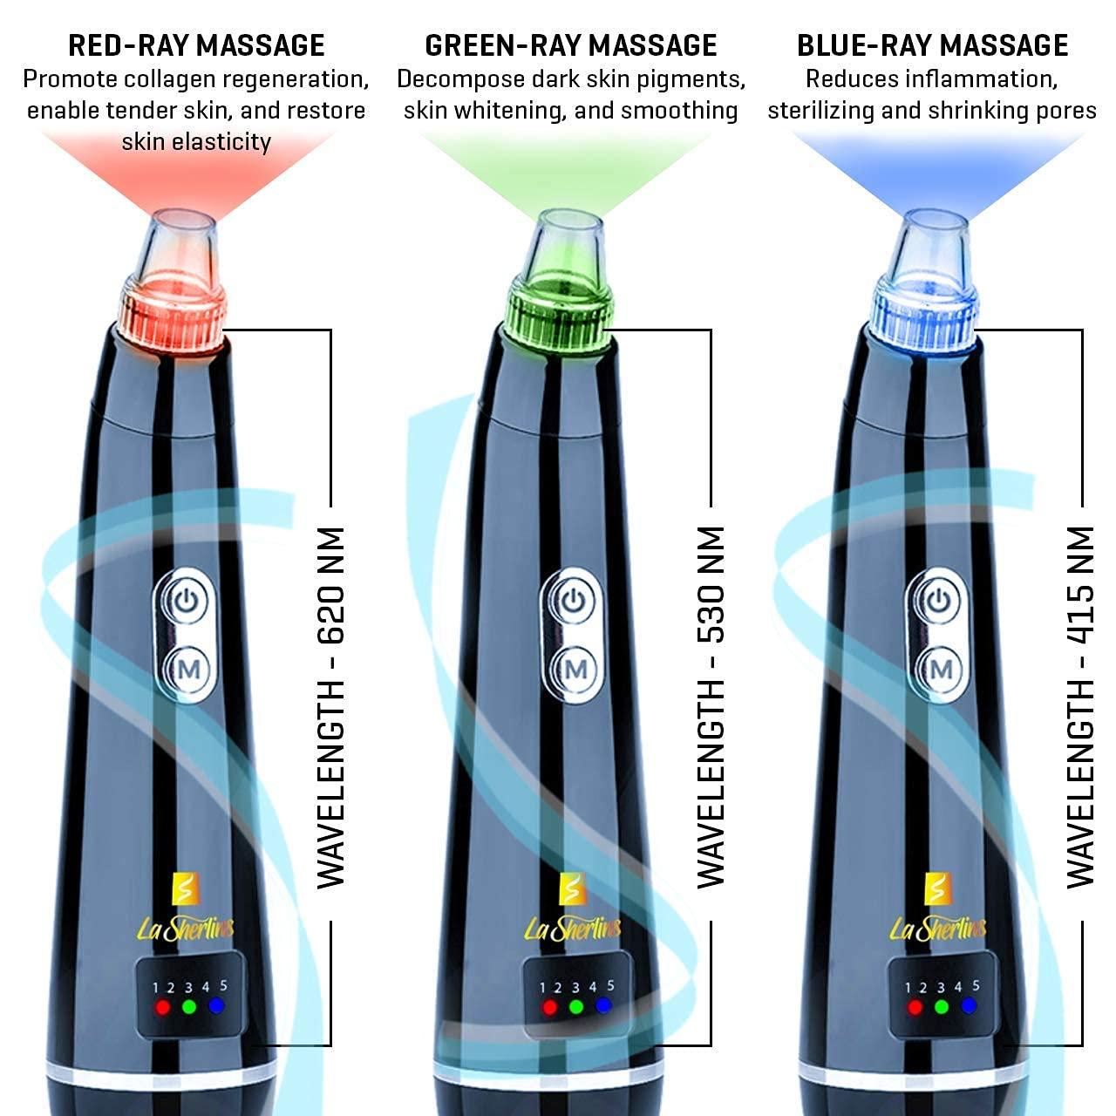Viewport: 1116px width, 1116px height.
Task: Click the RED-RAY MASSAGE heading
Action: (x=196, y=45)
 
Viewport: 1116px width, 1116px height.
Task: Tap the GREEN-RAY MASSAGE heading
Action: (x=571, y=45)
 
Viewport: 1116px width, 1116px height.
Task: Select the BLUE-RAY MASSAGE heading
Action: (x=932, y=45)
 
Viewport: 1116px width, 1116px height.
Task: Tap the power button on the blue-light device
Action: (x=939, y=601)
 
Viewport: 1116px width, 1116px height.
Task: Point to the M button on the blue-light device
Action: (x=941, y=670)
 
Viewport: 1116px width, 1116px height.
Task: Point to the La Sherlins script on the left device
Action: (x=186, y=928)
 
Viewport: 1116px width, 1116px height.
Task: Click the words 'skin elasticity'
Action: (x=196, y=142)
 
